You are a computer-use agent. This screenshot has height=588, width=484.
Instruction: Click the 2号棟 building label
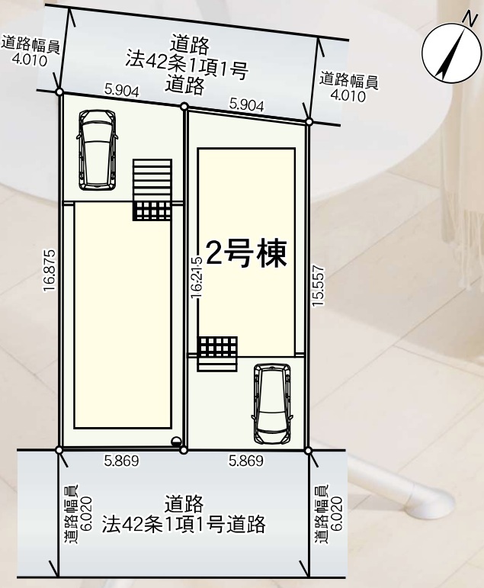(246, 254)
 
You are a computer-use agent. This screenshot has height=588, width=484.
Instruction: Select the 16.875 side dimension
(50, 271)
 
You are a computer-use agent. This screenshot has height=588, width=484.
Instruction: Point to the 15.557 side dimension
(319, 286)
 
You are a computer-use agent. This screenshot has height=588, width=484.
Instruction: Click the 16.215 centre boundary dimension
(197, 277)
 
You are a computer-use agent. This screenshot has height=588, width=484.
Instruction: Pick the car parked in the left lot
(98, 150)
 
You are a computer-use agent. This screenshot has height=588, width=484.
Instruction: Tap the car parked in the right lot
(272, 404)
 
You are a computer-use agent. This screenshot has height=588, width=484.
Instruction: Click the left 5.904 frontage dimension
(122, 91)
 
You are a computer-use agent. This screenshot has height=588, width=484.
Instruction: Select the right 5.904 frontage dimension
(247, 105)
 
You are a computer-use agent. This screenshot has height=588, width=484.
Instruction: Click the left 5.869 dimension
(121, 461)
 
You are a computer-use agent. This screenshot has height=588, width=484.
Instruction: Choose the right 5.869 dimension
(246, 461)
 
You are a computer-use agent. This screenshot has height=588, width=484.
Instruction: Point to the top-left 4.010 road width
(30, 60)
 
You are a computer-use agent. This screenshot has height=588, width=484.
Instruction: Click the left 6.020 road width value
(88, 514)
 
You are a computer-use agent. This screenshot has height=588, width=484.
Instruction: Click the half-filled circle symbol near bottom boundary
(175, 442)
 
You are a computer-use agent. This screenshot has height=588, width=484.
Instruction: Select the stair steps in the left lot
(152, 181)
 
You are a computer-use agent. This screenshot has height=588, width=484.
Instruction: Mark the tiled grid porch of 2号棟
(217, 348)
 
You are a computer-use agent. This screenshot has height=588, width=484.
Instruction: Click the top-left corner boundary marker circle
(59, 92)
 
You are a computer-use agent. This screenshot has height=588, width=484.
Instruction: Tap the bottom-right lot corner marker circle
(308, 451)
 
